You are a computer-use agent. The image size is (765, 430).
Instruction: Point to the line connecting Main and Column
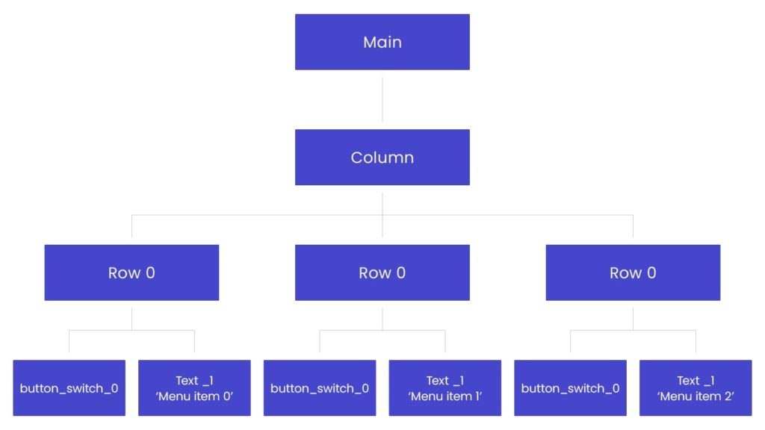[382, 99]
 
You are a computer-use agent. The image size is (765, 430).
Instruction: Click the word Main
[382, 42]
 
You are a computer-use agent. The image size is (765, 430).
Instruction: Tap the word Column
[382, 158]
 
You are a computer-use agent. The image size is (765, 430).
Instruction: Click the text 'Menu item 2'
[696, 396]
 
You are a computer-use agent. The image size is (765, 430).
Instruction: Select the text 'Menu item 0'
[194, 396]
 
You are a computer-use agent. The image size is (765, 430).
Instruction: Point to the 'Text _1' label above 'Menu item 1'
[445, 381]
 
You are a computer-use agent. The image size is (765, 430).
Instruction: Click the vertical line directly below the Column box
[382, 203]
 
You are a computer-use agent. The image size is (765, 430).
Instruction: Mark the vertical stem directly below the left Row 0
[132, 319]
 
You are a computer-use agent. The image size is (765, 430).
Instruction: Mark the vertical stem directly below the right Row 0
[634, 319]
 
